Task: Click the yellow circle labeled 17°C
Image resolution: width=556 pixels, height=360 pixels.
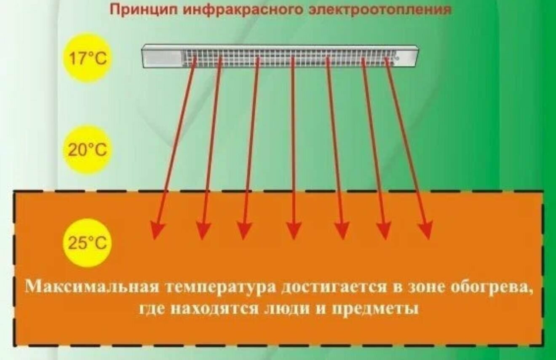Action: [88, 59]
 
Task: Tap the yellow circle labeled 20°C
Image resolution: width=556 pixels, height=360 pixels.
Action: [88, 150]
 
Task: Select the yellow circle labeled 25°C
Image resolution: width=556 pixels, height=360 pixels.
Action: [88, 243]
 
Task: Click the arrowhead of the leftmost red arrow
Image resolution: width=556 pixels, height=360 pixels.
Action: [158, 231]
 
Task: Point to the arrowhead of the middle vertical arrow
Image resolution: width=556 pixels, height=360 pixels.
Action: [294, 231]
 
